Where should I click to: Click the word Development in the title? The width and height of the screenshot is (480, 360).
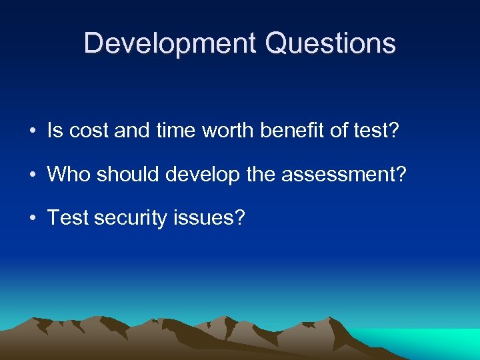171,44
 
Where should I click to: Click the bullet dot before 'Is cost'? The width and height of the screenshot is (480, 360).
33,131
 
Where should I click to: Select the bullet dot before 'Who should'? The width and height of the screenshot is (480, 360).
33,175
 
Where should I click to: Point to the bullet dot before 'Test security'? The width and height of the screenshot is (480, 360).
33,218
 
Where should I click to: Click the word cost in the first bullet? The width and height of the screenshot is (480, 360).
88,131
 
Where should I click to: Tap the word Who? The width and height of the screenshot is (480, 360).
69,174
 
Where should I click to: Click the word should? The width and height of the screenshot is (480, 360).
127,174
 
